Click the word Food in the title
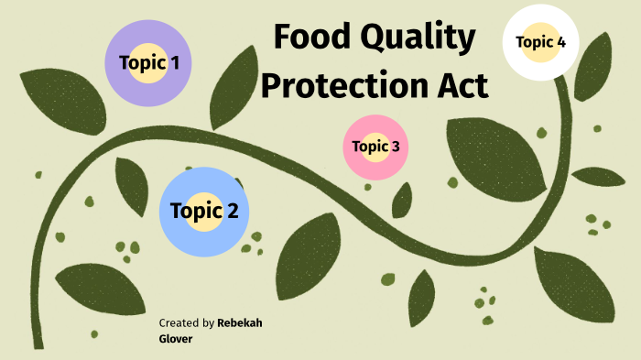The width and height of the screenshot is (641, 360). click(314, 38)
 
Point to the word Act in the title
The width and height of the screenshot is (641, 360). click(459, 87)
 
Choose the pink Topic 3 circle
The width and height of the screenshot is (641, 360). click(375, 146)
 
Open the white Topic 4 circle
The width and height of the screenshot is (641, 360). click(540, 42)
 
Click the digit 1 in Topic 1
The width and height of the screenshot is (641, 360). click(174, 63)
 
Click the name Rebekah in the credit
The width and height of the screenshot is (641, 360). click(240, 323)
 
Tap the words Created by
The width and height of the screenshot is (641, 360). click(187, 323)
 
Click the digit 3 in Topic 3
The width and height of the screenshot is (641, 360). click(395, 146)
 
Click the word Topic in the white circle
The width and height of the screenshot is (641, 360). click(533, 42)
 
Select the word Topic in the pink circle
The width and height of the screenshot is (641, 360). click(369, 146)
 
